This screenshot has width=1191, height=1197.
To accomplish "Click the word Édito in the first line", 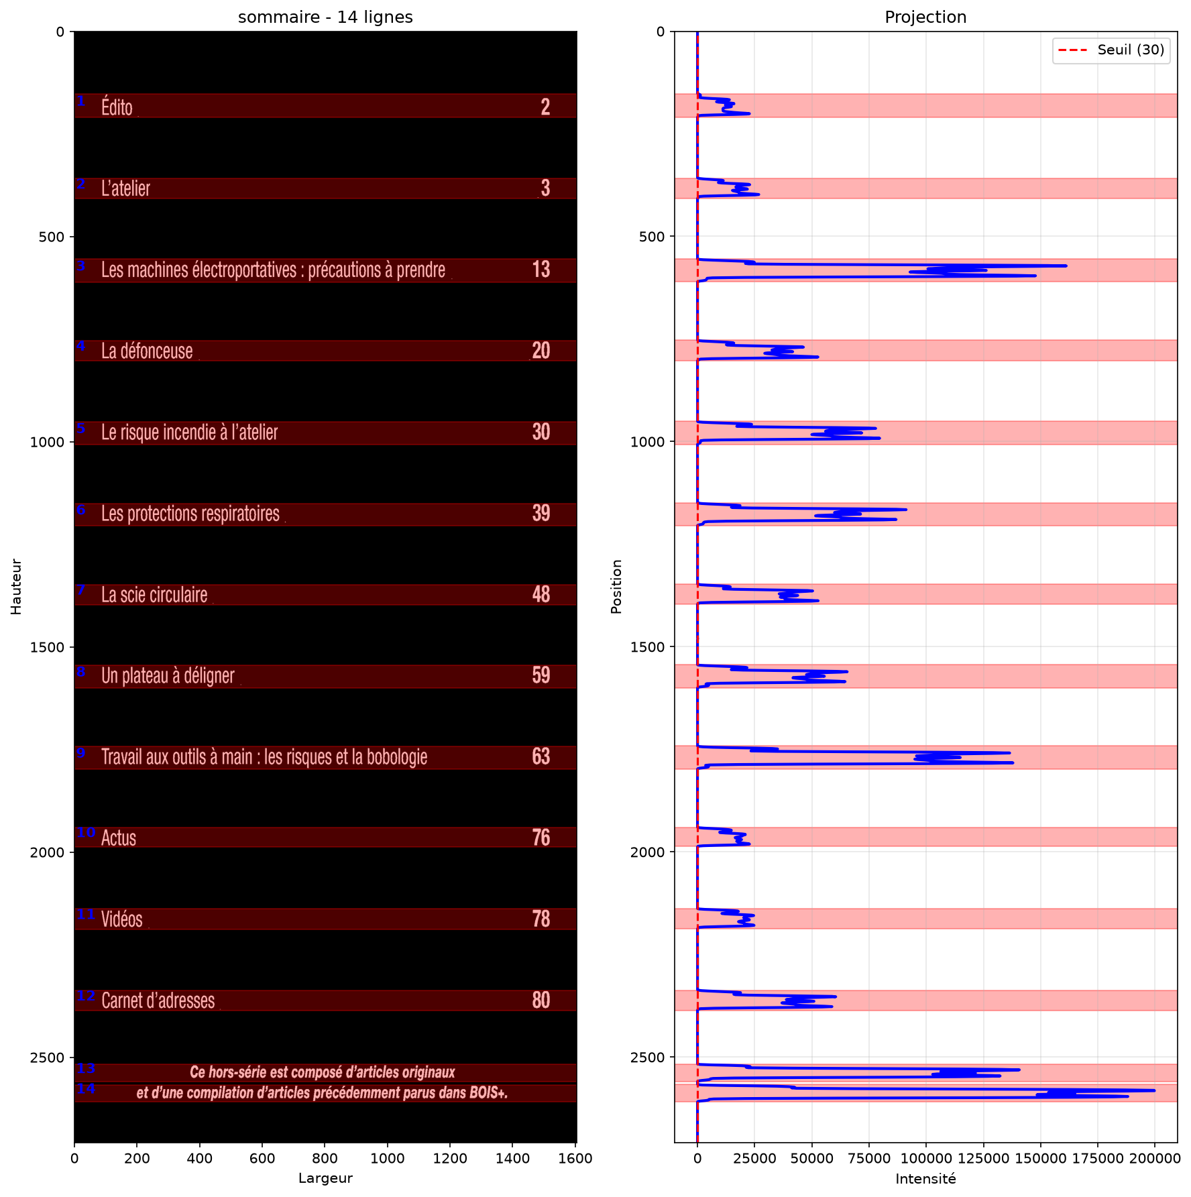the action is pyautogui.click(x=117, y=107).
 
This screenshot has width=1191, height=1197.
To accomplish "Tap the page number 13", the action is pyautogui.click(x=541, y=269).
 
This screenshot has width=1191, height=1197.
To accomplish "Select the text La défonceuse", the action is pyautogui.click(x=147, y=351).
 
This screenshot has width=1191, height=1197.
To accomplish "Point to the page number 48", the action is pyautogui.click(x=541, y=594).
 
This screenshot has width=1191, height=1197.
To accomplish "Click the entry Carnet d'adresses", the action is pyautogui.click(x=158, y=1001).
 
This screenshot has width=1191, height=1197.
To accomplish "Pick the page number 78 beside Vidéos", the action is pyautogui.click(x=541, y=919).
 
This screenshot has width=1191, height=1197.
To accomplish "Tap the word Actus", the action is pyautogui.click(x=119, y=838).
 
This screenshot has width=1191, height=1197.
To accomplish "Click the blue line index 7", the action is pyautogui.click(x=81, y=590).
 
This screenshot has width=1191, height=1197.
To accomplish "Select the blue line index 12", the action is pyautogui.click(x=86, y=996).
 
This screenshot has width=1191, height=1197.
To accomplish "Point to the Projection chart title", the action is pyautogui.click(x=925, y=17).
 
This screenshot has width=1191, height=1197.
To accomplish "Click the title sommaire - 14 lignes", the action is pyautogui.click(x=325, y=17).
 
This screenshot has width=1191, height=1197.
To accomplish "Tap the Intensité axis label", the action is pyautogui.click(x=925, y=1179).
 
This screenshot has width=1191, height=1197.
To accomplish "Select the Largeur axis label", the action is pyautogui.click(x=325, y=1179).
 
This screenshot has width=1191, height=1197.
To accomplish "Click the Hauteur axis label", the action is pyautogui.click(x=17, y=587).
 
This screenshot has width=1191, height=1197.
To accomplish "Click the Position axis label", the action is pyautogui.click(x=617, y=587).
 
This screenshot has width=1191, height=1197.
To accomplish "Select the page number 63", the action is pyautogui.click(x=541, y=756).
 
